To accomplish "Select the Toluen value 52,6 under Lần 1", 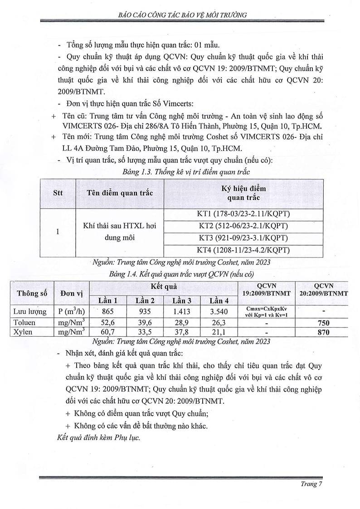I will click(109, 323).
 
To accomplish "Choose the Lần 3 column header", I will click(182, 301).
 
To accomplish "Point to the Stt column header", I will click(58, 193).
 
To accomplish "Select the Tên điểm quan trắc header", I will click(120, 193).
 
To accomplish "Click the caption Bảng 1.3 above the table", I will click(180, 172).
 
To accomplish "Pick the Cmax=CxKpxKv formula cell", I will click(266, 312).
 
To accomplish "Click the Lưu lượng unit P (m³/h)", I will click(71, 312).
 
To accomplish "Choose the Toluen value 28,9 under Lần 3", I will click(182, 323).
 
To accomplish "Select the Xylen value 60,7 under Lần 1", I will click(109, 332).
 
